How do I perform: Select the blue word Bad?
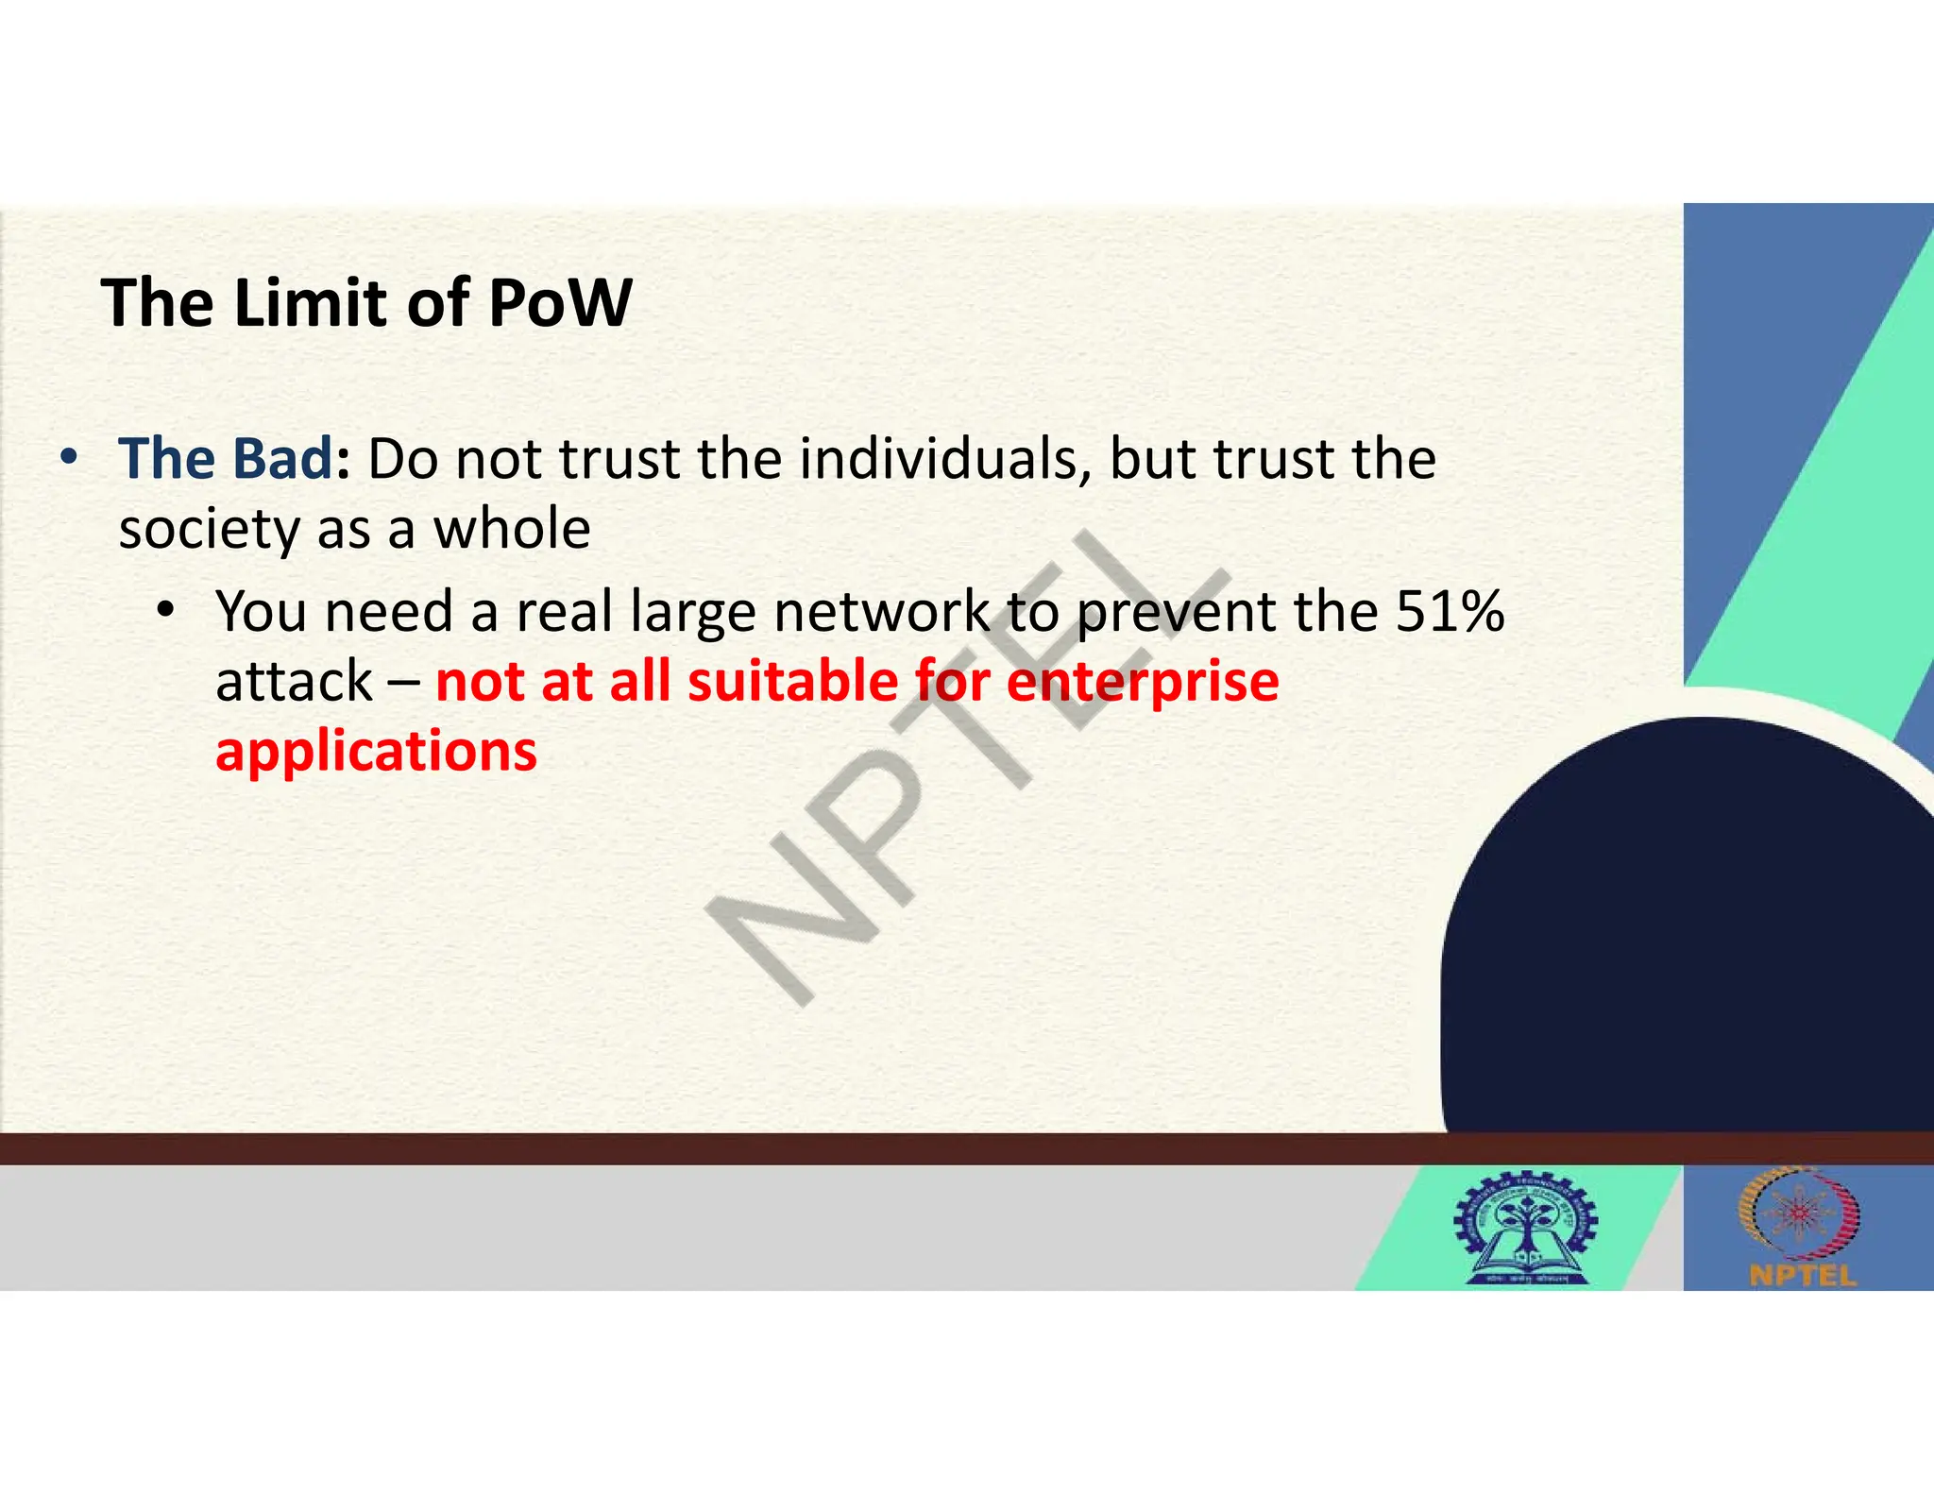coord(281,459)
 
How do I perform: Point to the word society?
coord(209,529)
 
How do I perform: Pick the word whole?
coord(511,529)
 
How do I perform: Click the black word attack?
coord(294,682)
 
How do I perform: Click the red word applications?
coord(376,753)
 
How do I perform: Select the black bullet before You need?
coord(165,610)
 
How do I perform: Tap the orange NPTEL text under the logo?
coord(1802,1276)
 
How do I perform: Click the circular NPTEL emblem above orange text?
coord(1800,1214)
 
